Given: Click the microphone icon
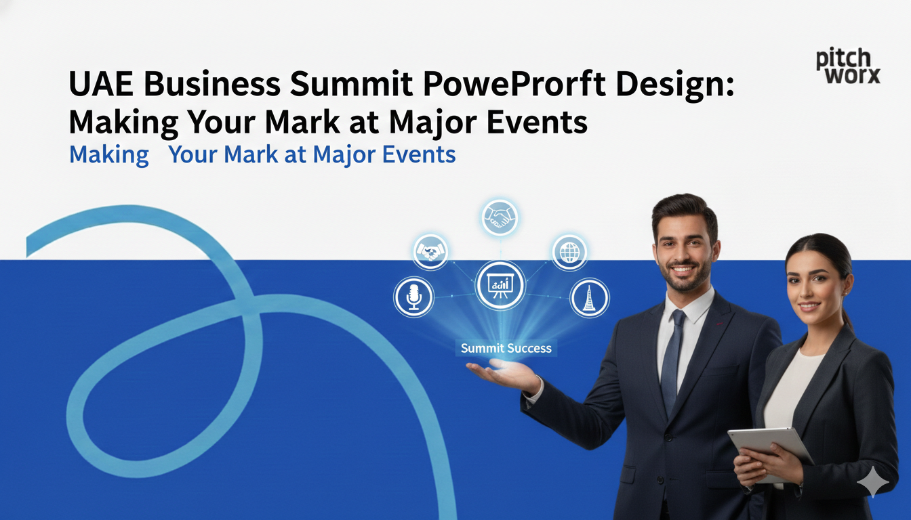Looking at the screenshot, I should coord(413,297).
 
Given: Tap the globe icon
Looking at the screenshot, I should coord(569,253).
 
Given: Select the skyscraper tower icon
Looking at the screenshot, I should coord(588,298).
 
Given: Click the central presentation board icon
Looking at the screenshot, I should coord(500,285).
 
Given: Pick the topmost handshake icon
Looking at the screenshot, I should coord(500,217).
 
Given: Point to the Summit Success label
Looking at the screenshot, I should coord(506,349).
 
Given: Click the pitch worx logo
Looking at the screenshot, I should coord(847,66).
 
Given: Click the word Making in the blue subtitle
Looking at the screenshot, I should coord(109,155).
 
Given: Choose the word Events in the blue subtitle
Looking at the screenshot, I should coord(419,155).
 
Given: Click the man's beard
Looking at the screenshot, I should coord(685,277).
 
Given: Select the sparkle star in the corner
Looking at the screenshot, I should coord(872,482).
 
